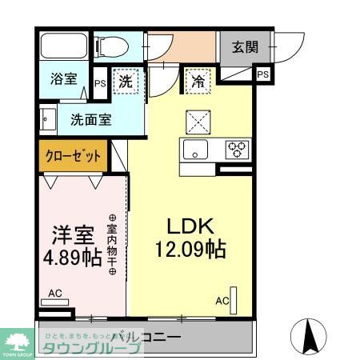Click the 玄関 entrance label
click(x=245, y=46)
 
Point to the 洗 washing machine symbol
click(x=126, y=82)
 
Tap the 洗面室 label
click(x=90, y=120)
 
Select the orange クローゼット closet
click(x=71, y=156)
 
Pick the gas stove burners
click(x=237, y=149)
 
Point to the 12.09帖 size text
click(x=189, y=249)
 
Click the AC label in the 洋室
click(x=54, y=294)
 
